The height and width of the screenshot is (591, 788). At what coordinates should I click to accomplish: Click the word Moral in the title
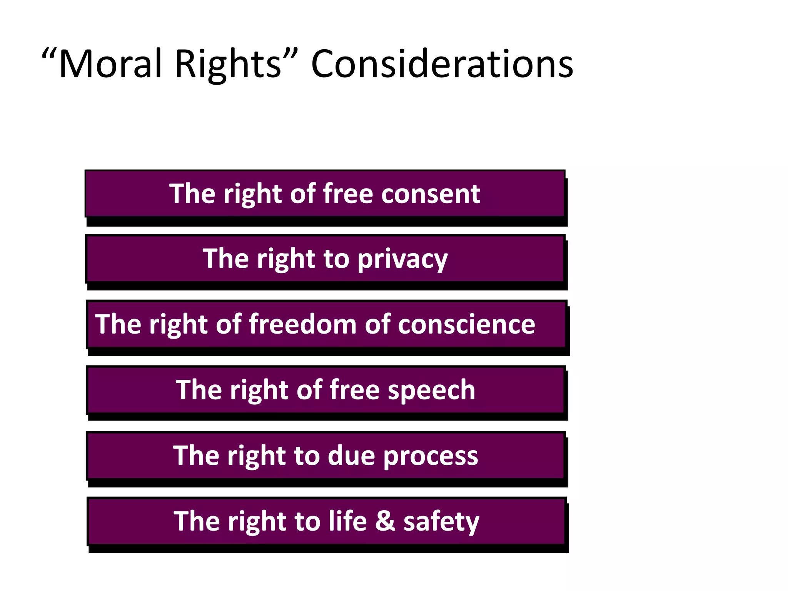click(x=110, y=64)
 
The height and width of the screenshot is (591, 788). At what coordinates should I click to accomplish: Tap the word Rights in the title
click(x=228, y=65)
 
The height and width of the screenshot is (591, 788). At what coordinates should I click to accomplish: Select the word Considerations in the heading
click(x=442, y=64)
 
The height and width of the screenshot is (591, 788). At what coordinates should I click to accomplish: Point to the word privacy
click(x=402, y=260)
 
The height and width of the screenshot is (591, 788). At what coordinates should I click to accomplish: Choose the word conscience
click(x=466, y=324)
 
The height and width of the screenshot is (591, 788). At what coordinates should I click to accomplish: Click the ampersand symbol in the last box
click(x=385, y=521)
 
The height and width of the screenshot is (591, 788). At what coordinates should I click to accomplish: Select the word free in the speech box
click(x=354, y=390)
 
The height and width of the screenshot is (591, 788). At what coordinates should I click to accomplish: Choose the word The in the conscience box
click(x=118, y=324)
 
